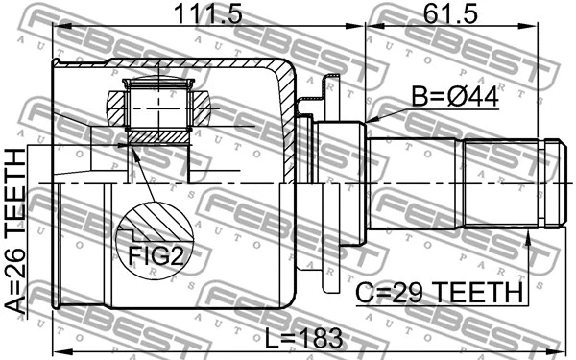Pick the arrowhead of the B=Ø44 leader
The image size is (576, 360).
(369, 120)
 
